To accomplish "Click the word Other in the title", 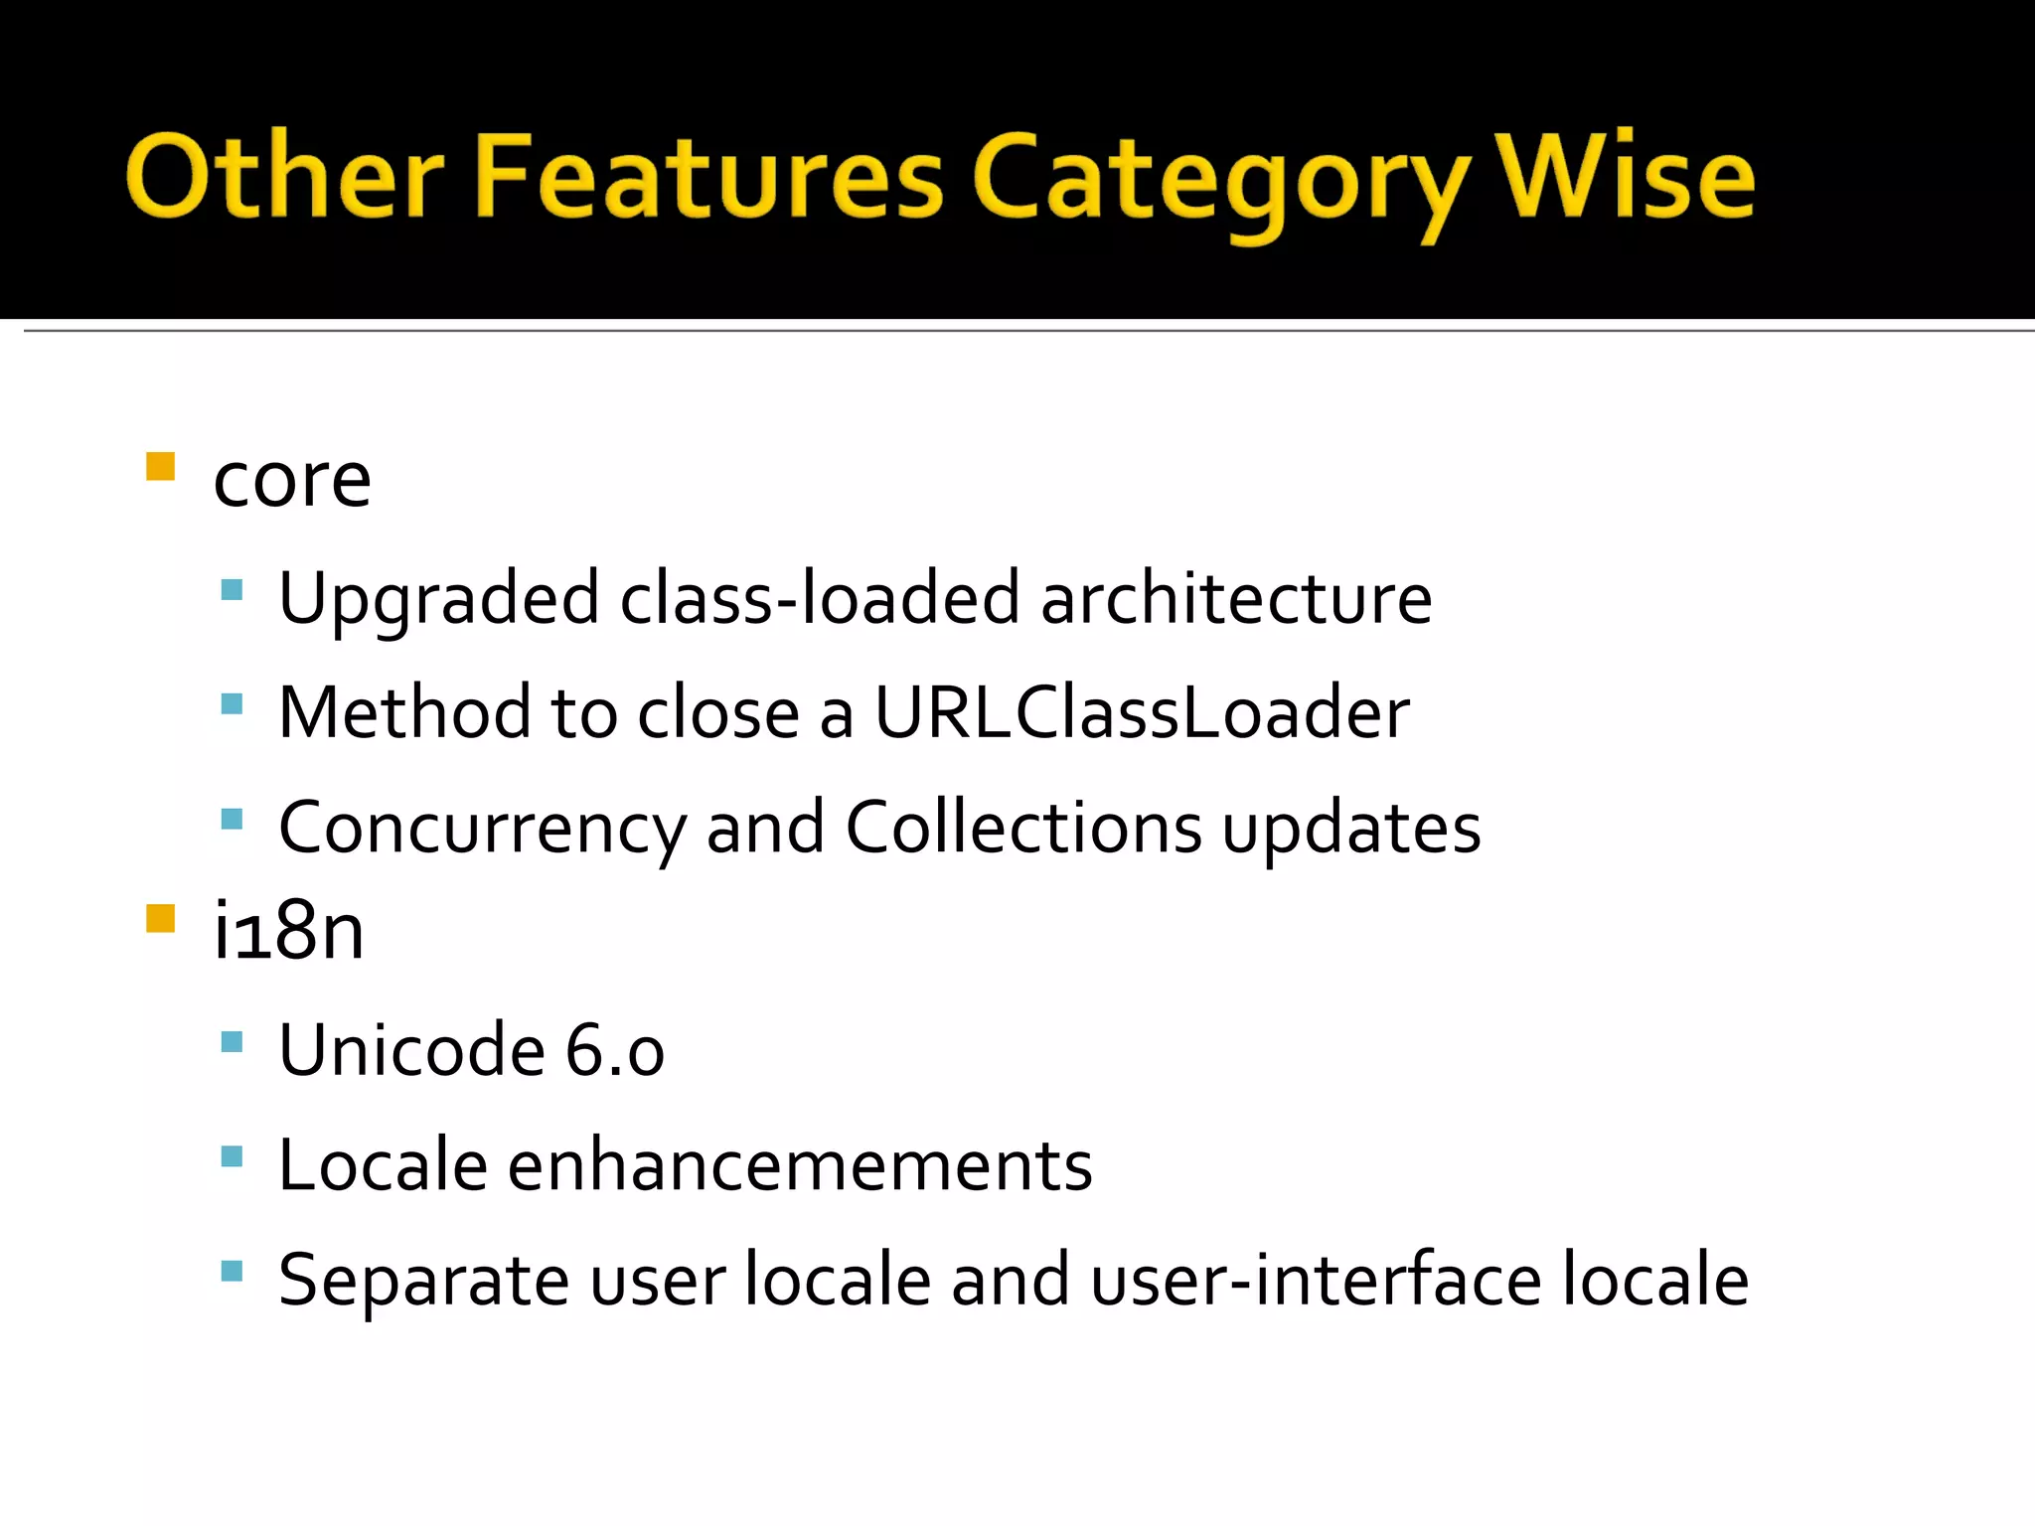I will (x=284, y=177).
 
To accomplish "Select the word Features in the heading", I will (x=709, y=177).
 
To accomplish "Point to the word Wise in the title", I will (x=1627, y=177).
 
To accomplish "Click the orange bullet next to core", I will (x=160, y=466).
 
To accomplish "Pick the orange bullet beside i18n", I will (x=160, y=918).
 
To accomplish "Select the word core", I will (x=292, y=481).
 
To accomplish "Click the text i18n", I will (x=289, y=931).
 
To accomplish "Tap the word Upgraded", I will (x=438, y=599).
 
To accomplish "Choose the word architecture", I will (x=1236, y=599).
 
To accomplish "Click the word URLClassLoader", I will (x=1142, y=713).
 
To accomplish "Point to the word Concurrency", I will (x=482, y=828).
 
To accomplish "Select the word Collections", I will (x=1023, y=828).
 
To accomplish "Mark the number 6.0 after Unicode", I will (x=615, y=1051).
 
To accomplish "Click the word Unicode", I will (x=411, y=1051).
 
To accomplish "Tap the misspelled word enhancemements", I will (x=800, y=1165).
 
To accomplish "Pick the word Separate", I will (x=424, y=1280).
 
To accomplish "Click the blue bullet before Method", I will (x=232, y=704).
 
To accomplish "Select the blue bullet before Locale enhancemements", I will (x=232, y=1156).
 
